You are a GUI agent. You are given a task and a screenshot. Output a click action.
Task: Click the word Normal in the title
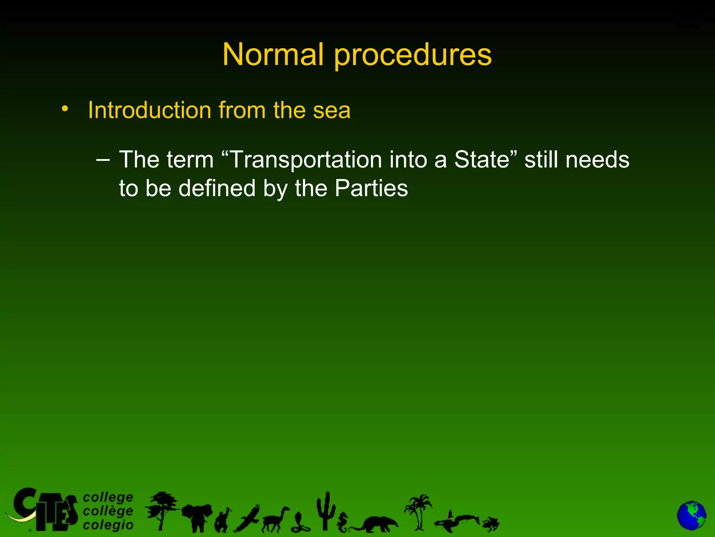(x=273, y=55)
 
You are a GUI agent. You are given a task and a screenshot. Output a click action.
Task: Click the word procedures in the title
(x=413, y=56)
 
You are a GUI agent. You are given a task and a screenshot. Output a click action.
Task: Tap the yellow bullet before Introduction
(x=64, y=109)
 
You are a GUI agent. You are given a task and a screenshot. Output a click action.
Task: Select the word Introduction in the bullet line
(x=149, y=110)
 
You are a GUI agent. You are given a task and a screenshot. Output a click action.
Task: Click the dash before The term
(x=103, y=160)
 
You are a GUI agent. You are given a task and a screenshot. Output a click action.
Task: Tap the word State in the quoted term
(x=482, y=160)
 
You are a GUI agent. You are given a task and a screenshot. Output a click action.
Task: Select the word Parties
(x=371, y=189)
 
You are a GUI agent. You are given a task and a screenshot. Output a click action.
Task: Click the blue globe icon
(x=691, y=515)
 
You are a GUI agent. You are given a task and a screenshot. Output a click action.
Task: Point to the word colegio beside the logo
(x=108, y=525)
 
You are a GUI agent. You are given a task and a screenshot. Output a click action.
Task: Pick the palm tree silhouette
(x=418, y=510)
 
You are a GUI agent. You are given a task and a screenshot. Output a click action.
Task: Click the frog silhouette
(x=491, y=523)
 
